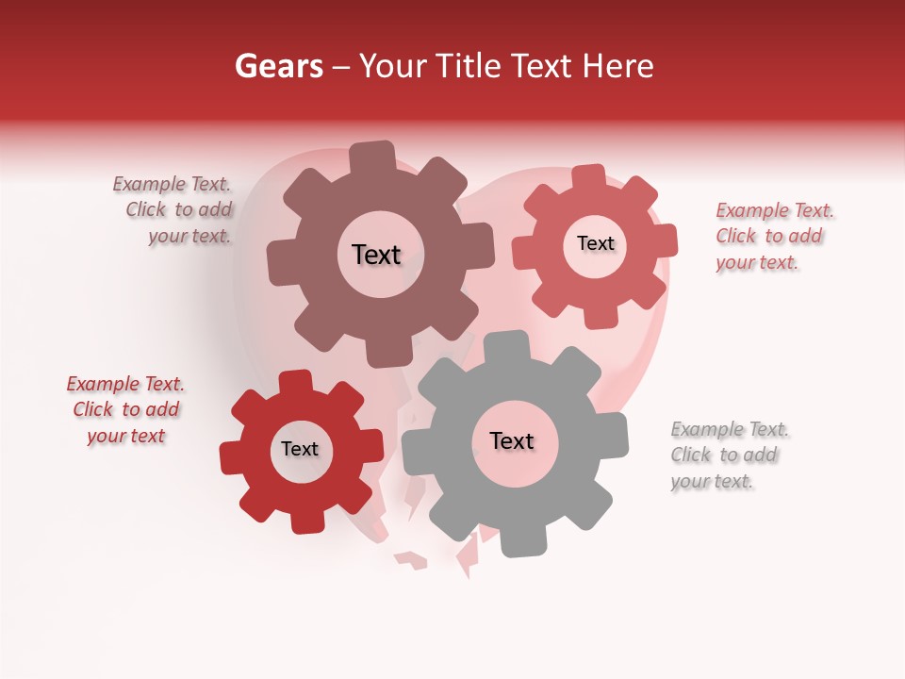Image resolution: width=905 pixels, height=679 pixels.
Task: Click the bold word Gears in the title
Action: coord(277,66)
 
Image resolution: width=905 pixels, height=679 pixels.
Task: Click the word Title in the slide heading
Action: coord(467,66)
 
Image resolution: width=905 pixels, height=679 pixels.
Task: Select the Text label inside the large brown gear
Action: coord(376,255)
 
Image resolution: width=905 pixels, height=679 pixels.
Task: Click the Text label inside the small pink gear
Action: coord(595,243)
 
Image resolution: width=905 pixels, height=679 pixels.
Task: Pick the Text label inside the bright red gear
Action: coord(300,449)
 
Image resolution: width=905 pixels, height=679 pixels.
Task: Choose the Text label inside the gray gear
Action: coord(512,440)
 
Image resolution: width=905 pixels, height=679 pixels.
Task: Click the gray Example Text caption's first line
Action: coord(730,430)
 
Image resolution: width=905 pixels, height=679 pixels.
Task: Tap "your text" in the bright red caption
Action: coord(126,436)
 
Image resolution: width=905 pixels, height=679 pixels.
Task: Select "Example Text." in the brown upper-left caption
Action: coord(172,185)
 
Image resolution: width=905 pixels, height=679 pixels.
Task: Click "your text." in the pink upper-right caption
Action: coord(757,262)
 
